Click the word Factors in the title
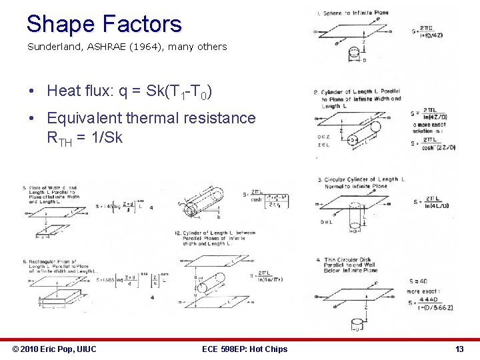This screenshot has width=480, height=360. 141,25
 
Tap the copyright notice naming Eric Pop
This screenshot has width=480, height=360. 55,349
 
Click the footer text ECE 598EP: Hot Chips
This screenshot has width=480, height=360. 244,349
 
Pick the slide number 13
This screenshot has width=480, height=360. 459,349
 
